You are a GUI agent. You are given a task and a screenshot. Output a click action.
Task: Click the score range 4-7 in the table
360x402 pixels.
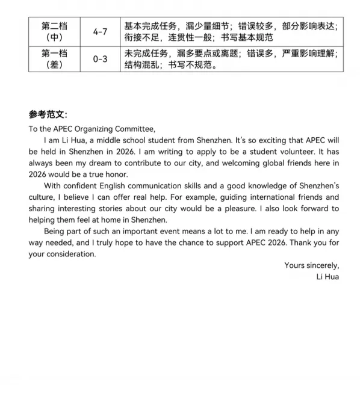101,31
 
